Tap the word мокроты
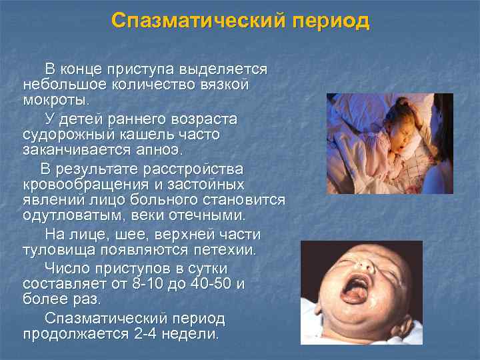click(x=55, y=101)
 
